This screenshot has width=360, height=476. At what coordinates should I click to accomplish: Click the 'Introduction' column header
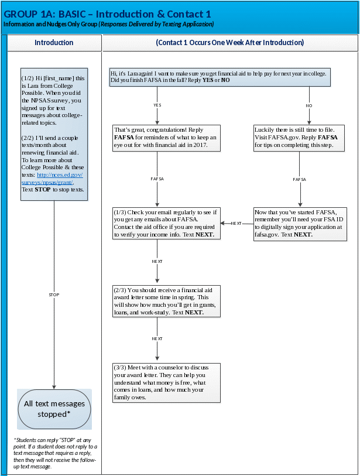click(x=54, y=43)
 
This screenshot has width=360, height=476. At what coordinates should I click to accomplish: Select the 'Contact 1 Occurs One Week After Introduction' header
click(x=229, y=43)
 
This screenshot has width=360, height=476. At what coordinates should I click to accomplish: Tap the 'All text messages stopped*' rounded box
click(x=54, y=409)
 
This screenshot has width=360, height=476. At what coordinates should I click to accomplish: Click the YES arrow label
click(x=157, y=105)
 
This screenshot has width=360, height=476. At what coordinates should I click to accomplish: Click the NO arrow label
click(x=309, y=105)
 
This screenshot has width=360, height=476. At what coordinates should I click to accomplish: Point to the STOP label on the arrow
click(x=54, y=294)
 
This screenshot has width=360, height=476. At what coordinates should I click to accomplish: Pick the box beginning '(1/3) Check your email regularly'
click(x=166, y=222)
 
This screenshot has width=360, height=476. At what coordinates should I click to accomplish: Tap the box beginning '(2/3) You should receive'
click(x=166, y=301)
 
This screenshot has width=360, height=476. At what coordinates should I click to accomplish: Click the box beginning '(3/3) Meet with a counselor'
click(x=166, y=382)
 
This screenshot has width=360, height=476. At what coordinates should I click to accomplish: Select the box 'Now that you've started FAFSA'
click(x=299, y=222)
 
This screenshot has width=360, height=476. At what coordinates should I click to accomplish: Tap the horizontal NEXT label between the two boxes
click(x=236, y=223)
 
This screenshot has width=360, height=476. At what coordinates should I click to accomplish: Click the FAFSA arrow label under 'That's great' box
click(x=157, y=179)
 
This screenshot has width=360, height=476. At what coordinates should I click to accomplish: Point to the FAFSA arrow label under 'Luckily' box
click(x=299, y=179)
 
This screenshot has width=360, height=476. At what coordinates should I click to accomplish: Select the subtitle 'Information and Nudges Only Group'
click(x=50, y=25)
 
